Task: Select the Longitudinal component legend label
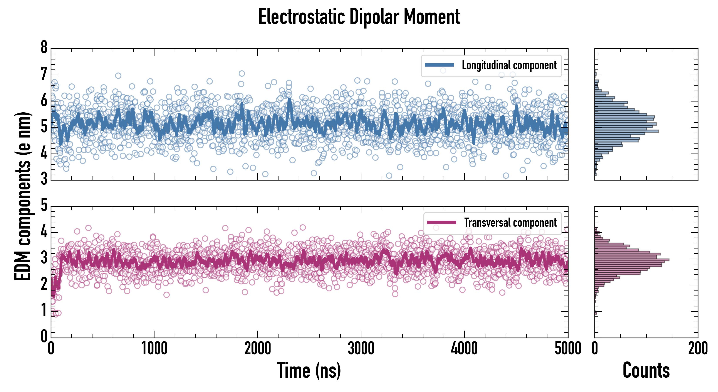tap(509, 65)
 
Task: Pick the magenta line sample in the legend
tap(441, 222)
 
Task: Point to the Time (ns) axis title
tap(309, 370)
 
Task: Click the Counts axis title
tap(646, 370)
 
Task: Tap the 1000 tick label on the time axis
tap(154, 349)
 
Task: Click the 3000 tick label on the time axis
tap(361, 349)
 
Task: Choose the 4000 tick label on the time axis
tap(464, 349)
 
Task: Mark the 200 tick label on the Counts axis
tap(698, 349)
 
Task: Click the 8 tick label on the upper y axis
tap(44, 47)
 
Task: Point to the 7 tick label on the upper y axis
tap(44, 74)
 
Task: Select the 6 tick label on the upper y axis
tap(44, 100)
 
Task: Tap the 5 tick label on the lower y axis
tap(44, 206)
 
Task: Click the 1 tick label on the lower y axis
tap(44, 311)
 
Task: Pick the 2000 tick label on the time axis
tap(258, 349)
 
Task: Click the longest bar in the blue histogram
tap(626, 131)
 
